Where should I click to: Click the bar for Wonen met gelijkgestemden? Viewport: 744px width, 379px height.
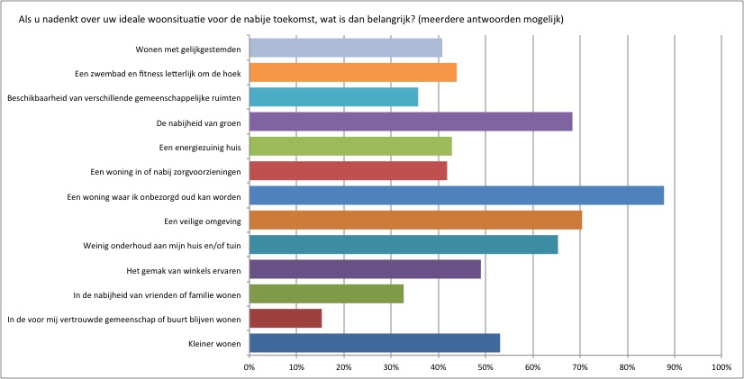[345, 48]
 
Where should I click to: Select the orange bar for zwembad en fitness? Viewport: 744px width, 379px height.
[352, 73]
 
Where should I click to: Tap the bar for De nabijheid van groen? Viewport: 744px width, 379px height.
[410, 122]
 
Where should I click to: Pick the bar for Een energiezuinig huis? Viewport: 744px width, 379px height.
[349, 146]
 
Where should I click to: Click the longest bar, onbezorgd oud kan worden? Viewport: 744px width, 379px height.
[456, 195]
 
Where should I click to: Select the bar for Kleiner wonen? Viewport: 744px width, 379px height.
[374, 343]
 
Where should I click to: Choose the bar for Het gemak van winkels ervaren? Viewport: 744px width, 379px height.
[364, 269]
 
